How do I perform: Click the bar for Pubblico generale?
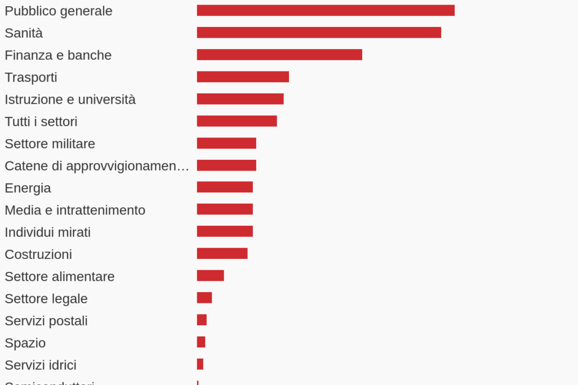[x=326, y=11]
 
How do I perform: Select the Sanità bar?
[x=319, y=33]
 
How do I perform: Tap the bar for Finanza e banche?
[x=279, y=55]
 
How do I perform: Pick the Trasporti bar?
[x=243, y=77]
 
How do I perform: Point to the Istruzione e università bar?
[x=240, y=99]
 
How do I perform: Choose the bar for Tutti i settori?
[x=237, y=121]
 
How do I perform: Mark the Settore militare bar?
[x=226, y=144]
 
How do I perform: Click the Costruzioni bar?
[x=222, y=254]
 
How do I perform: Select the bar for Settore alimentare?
[x=210, y=276]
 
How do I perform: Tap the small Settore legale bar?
[x=204, y=298]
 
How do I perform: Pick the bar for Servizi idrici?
[x=200, y=364]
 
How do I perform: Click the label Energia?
[x=28, y=188]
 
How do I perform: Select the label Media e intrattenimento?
[x=75, y=210]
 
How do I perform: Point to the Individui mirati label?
[x=47, y=232]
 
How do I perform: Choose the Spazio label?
[x=25, y=343]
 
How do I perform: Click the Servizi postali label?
[x=46, y=321]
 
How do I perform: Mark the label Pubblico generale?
[x=59, y=11]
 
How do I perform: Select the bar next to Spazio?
[x=201, y=342]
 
